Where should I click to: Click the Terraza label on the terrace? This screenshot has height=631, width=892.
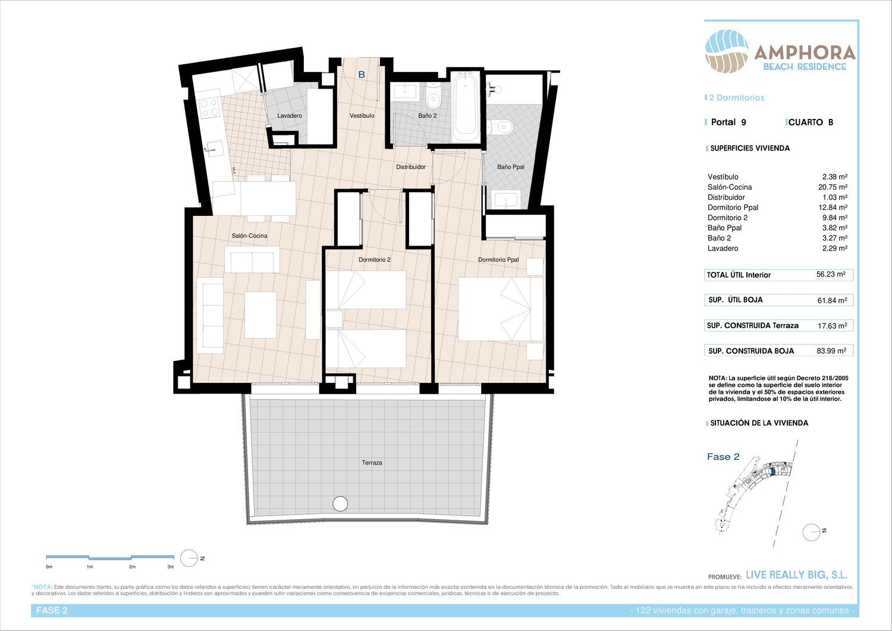tap(372, 463)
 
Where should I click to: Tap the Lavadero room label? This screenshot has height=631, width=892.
tap(290, 115)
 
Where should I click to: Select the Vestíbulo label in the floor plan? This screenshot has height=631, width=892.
tap(362, 115)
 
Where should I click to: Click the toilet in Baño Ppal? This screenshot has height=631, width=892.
tap(501, 127)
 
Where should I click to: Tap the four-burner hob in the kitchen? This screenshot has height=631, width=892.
tap(210, 107)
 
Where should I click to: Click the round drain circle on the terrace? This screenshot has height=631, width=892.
tap(340, 504)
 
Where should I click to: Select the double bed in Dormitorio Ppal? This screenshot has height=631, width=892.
tap(500, 309)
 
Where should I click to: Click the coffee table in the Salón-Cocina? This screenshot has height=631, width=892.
tap(260, 315)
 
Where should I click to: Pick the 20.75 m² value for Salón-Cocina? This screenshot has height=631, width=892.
tap(833, 187)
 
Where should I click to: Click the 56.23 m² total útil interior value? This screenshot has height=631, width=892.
tap(831, 274)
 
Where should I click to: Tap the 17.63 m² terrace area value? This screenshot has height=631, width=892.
tap(833, 325)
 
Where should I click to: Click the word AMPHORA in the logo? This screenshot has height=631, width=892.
tap(805, 52)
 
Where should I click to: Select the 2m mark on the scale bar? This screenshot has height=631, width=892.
tap(132, 566)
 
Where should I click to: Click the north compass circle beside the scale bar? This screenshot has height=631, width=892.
tap(189, 558)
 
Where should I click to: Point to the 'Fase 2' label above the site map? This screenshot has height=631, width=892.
tap(723, 457)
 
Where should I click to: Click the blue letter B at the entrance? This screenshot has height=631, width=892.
tap(362, 74)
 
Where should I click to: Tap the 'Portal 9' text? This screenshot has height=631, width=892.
tap(728, 123)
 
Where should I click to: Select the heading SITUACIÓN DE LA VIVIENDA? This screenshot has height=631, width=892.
tap(759, 423)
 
